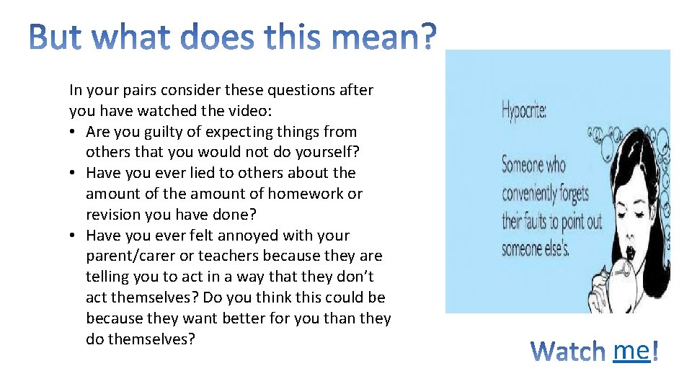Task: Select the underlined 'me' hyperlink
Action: click(631, 350)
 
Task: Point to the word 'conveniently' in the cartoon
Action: click(546, 193)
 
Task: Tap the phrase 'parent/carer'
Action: click(130, 256)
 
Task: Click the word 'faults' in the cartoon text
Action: click(547, 221)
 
